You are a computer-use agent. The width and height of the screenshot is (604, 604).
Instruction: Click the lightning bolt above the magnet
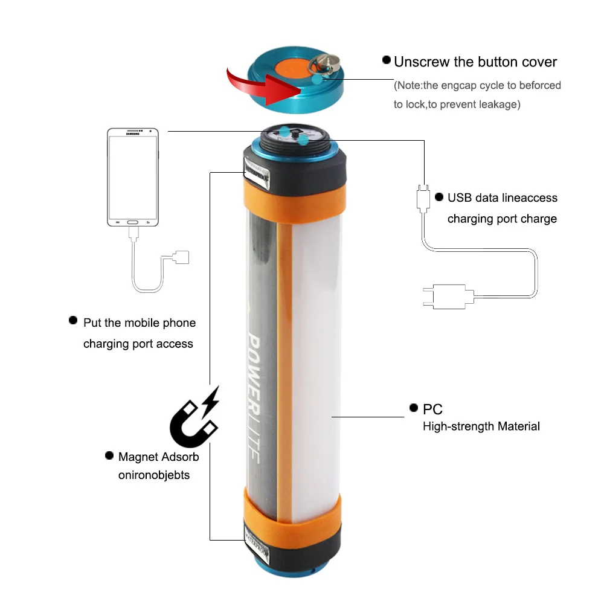coord(210,400)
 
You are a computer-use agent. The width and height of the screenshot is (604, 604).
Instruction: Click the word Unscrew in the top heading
coord(423,62)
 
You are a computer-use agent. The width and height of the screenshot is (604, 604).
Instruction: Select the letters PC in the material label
coord(432,410)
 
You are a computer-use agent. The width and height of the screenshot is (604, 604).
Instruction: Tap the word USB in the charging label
coord(459,198)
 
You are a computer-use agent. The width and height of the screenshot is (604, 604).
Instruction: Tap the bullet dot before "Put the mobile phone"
coord(73,320)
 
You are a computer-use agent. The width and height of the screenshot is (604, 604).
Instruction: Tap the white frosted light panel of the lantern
coord(314,350)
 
